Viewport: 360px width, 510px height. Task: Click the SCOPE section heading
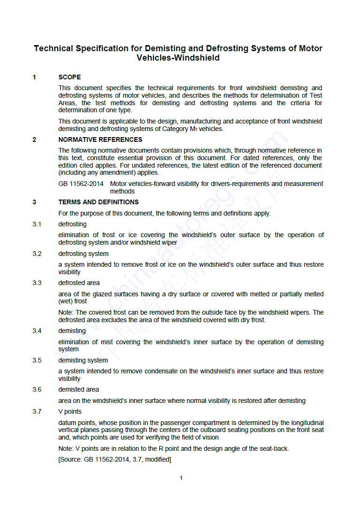click(69, 77)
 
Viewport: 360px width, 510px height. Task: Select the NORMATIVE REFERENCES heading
click(100, 139)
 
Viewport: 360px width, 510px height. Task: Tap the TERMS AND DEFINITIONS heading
click(98, 202)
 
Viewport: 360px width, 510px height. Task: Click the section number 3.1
click(37, 224)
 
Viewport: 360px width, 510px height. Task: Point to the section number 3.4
click(37, 331)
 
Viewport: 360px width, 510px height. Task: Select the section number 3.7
click(37, 412)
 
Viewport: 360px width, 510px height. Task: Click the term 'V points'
click(70, 412)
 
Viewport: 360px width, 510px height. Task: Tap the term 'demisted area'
click(78, 390)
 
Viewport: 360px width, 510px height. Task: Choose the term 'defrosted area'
click(79, 283)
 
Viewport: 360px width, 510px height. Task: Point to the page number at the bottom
click(181, 478)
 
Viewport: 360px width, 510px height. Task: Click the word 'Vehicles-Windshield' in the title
click(178, 58)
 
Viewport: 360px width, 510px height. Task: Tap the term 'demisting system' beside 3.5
click(83, 361)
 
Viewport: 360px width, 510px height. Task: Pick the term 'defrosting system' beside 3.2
click(83, 254)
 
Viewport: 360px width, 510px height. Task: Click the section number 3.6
click(37, 390)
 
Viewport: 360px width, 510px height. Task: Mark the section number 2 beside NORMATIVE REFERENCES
click(34, 139)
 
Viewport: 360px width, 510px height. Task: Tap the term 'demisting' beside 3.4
click(72, 331)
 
